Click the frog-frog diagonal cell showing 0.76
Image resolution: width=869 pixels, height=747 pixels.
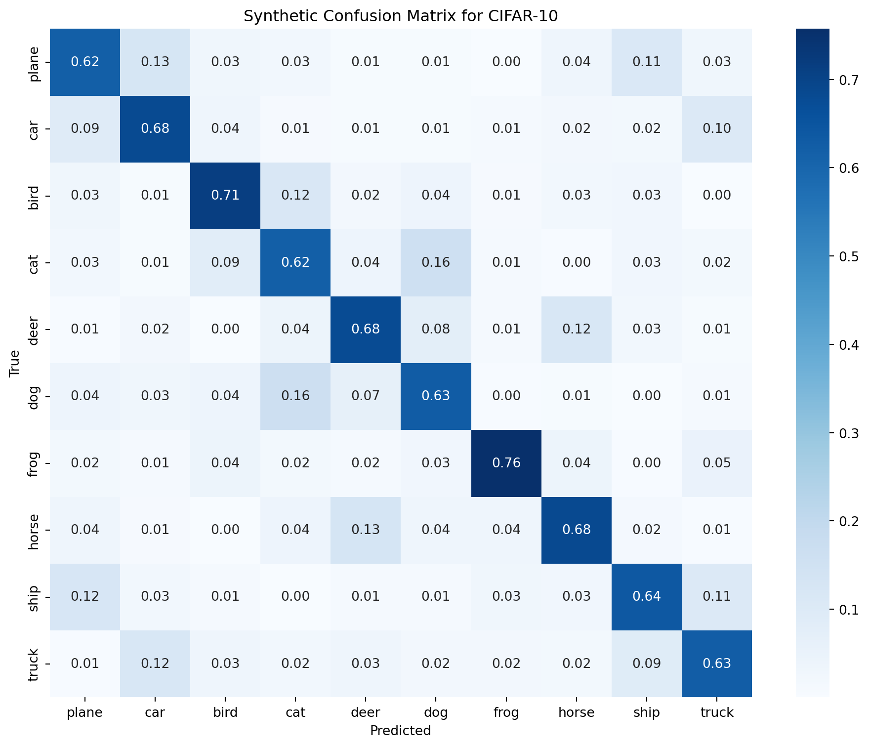(x=506, y=463)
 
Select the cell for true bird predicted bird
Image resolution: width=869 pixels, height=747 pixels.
(x=225, y=195)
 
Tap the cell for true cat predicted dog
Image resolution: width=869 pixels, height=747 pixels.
(x=436, y=262)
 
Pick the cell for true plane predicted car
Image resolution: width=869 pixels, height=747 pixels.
(x=155, y=62)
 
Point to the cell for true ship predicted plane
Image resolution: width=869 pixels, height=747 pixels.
(x=85, y=596)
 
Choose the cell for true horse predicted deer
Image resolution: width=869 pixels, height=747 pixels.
(x=366, y=530)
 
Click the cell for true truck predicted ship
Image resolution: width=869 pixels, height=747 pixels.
(x=647, y=664)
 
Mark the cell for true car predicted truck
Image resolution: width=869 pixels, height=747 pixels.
(x=717, y=128)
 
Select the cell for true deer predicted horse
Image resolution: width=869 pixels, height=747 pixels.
(x=577, y=329)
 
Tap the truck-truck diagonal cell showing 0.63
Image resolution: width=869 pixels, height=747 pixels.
(x=717, y=664)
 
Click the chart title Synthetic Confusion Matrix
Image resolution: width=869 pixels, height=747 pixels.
(x=401, y=16)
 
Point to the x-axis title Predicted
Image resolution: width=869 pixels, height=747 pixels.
(x=401, y=730)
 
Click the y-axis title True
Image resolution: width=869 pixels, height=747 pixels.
(x=15, y=363)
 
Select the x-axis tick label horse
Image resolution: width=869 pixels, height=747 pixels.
(x=577, y=712)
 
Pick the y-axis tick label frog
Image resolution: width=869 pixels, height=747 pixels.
(x=34, y=463)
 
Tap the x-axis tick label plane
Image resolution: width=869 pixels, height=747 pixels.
(x=85, y=712)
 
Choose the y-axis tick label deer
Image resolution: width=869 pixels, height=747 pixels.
(x=34, y=329)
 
